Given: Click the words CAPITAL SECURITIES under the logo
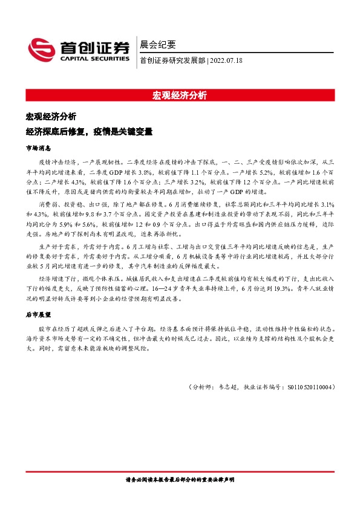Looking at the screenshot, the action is coord(95,59).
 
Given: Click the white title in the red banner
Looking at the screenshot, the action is coord(180,96).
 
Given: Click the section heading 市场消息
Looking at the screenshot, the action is coord(38,147).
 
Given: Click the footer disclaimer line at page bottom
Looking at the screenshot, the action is coord(179,479).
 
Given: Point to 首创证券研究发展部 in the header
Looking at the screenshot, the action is coord(172,60).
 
